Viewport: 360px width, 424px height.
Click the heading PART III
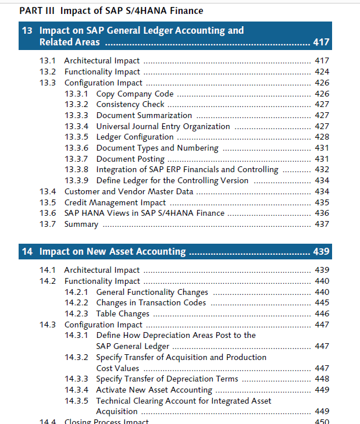[37, 11]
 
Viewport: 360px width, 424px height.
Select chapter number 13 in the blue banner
[27, 31]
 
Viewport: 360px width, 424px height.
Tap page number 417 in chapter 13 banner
[321, 42]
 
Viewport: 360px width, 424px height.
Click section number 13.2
[48, 72]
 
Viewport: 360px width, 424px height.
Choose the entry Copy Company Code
[135, 94]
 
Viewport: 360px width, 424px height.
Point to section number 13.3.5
[76, 137]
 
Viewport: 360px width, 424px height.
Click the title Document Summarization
[144, 116]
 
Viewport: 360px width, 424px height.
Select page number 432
[322, 169]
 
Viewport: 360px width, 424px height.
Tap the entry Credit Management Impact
[115, 202]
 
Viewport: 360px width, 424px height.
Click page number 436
[322, 213]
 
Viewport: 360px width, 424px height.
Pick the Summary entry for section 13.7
[81, 224]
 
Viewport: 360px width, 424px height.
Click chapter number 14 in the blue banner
[27, 251]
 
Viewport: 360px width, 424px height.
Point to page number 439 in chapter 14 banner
[321, 251]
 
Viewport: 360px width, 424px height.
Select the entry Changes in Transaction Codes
[151, 302]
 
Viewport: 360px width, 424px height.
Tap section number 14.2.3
[76, 313]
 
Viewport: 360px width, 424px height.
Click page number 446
[322, 313]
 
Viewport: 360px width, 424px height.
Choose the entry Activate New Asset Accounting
[155, 390]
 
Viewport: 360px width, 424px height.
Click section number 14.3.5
[76, 401]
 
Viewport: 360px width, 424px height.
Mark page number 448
[322, 379]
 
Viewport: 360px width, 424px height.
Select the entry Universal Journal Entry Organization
[163, 127]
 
